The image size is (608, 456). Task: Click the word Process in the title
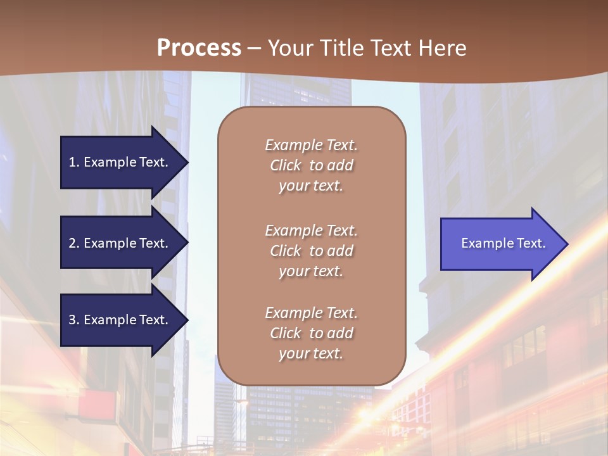pyautogui.click(x=199, y=48)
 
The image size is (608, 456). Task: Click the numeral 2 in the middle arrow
pyautogui.click(x=72, y=243)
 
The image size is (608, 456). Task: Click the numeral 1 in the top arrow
pyautogui.click(x=72, y=162)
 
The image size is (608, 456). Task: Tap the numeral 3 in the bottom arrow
pyautogui.click(x=72, y=320)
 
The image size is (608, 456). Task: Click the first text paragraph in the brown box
pyautogui.click(x=311, y=165)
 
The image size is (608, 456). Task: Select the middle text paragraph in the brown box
pyautogui.click(x=311, y=251)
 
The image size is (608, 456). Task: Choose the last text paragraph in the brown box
pyautogui.click(x=311, y=333)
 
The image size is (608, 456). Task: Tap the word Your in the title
pyautogui.click(x=289, y=48)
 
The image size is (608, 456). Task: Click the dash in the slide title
pyautogui.click(x=254, y=49)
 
